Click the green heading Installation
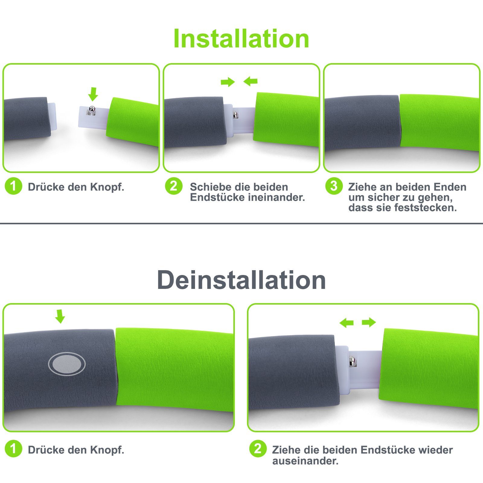point(241,39)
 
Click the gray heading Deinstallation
point(241,280)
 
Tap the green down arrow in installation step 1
point(93,94)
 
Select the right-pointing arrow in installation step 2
point(228,82)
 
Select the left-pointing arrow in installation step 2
point(250,81)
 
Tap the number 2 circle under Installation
point(174,186)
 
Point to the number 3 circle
point(334,186)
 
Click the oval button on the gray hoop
point(67,364)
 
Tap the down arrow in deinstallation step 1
point(60,316)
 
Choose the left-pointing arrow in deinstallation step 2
point(347,323)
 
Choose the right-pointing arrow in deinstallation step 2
point(369,322)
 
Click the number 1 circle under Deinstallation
point(14,449)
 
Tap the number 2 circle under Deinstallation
point(258,449)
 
